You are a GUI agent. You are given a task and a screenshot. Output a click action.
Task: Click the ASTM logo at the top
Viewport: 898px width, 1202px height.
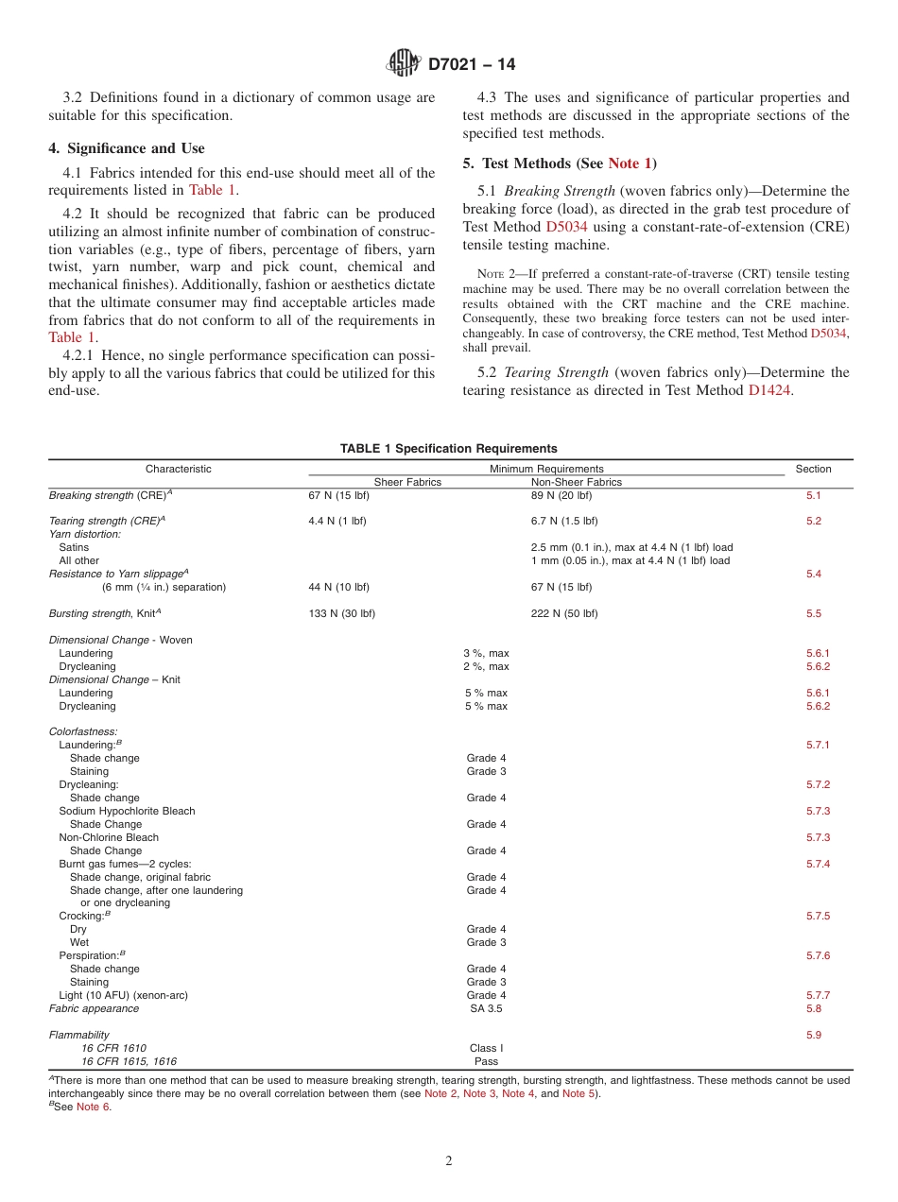point(404,64)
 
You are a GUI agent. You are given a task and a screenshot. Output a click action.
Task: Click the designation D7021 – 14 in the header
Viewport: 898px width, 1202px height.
point(472,65)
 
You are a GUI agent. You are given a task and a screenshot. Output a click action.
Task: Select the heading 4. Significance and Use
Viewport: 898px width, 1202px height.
point(127,148)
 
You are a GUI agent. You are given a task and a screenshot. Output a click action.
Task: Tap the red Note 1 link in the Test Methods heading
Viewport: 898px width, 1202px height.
point(630,163)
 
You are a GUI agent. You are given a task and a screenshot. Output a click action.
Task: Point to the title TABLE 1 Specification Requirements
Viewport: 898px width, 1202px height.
point(449,449)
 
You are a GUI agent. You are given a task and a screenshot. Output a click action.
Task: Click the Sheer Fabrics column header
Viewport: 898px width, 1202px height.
point(407,482)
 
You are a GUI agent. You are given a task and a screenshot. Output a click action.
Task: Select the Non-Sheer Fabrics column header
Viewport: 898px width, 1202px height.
point(576,482)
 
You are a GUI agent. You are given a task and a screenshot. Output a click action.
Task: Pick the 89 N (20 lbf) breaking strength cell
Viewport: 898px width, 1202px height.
point(561,495)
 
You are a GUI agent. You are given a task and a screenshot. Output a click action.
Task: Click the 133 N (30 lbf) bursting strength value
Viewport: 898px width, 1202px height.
point(341,613)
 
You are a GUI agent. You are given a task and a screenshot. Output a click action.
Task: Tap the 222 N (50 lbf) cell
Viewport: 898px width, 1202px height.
point(563,613)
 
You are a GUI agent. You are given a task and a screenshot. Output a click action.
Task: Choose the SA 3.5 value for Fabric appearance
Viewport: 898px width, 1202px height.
point(486,1008)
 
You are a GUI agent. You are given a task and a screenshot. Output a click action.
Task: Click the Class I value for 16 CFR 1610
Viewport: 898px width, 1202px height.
point(486,1048)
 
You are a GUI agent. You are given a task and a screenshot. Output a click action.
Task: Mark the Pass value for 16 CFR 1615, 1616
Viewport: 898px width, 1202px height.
point(486,1061)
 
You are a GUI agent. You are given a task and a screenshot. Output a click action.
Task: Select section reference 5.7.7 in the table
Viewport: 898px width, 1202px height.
point(818,995)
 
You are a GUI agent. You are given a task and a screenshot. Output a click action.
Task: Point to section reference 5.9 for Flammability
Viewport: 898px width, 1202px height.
point(813,1035)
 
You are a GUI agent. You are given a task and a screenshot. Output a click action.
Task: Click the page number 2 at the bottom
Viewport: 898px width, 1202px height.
point(449,1161)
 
